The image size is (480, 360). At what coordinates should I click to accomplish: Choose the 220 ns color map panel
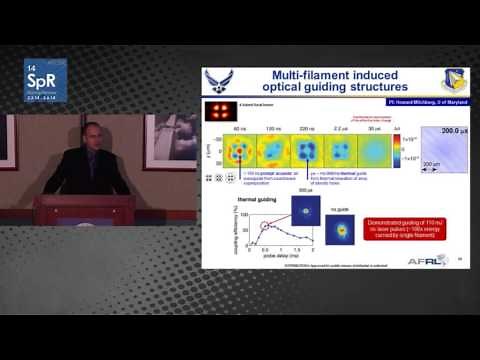coord(307,153)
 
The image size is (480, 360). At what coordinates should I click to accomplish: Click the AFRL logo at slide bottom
coord(418,262)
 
